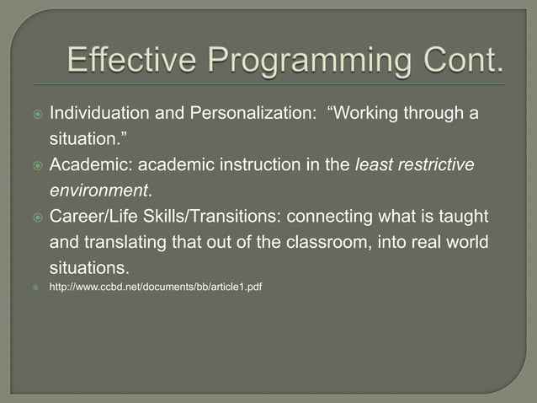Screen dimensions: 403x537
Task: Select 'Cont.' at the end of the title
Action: [461, 62]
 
